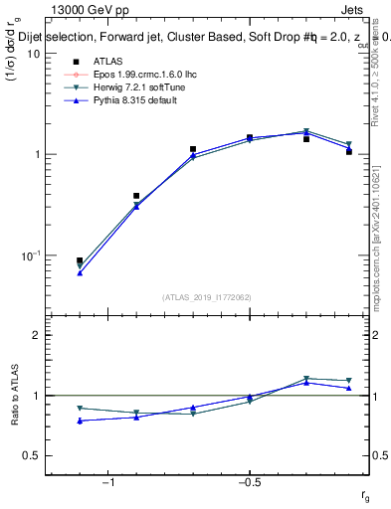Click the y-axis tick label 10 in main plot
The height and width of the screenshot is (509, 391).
33,54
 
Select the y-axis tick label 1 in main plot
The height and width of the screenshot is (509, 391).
36,154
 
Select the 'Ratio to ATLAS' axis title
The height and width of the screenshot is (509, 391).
14,396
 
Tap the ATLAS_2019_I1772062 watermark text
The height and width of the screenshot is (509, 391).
207,296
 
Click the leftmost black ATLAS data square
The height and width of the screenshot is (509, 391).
80,260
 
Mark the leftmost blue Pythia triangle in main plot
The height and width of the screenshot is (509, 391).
80,272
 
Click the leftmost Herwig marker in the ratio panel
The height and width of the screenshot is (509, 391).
80,409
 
